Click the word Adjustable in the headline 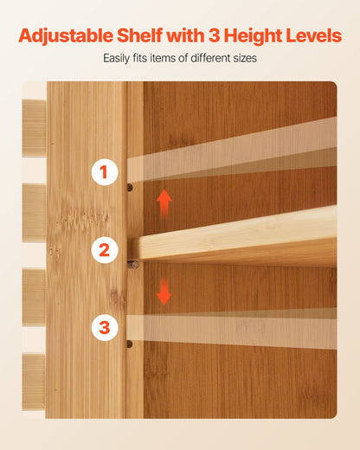pos(66,36)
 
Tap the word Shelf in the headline pos(140,35)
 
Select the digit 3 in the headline pos(214,35)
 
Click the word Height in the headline pos(253,36)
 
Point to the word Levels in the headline pos(314,35)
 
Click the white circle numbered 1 pos(105,172)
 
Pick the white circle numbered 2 pos(105,250)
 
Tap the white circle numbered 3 pos(105,328)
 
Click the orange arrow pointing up pos(164,203)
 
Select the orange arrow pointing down pos(164,292)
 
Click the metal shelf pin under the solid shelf pos(133,264)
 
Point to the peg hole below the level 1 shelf pos(130,188)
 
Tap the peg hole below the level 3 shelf pos(130,344)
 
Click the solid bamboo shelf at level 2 pos(234,236)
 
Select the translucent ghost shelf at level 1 pos(232,150)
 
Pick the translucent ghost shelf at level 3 pos(232,329)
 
